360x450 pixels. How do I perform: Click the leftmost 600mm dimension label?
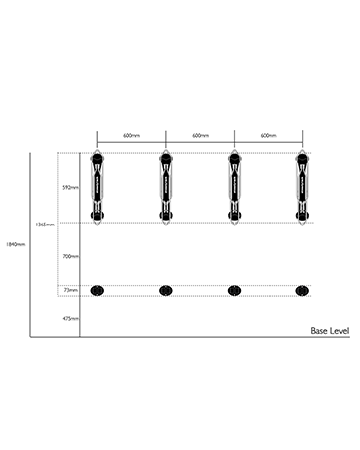click(x=131, y=135)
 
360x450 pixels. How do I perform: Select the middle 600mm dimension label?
click(x=200, y=135)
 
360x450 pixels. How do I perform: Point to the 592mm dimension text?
click(x=68, y=186)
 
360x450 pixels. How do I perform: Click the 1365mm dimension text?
click(x=45, y=224)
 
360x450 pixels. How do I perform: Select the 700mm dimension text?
click(x=68, y=256)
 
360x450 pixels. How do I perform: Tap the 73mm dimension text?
click(x=70, y=290)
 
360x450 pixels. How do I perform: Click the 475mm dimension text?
click(x=68, y=319)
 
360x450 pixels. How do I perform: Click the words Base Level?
click(x=330, y=330)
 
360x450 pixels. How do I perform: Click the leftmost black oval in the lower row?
click(x=97, y=290)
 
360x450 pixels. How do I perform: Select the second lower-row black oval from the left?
click(x=166, y=290)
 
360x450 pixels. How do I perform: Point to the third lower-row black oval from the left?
click(x=234, y=290)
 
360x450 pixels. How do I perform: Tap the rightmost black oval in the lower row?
click(x=302, y=290)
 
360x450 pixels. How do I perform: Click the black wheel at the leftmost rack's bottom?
click(x=97, y=217)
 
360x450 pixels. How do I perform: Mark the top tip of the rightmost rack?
click(x=302, y=153)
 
